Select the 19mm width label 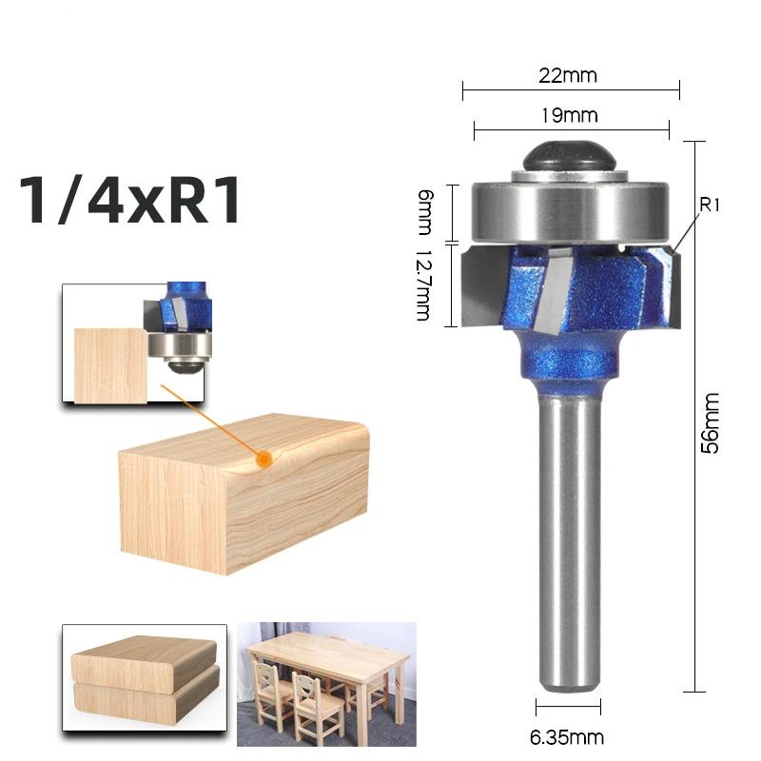(x=571, y=116)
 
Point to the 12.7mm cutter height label (x=424, y=284)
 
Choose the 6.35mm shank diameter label (x=568, y=736)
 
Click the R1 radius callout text (x=712, y=204)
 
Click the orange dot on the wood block (x=265, y=459)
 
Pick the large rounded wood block (x=243, y=495)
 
